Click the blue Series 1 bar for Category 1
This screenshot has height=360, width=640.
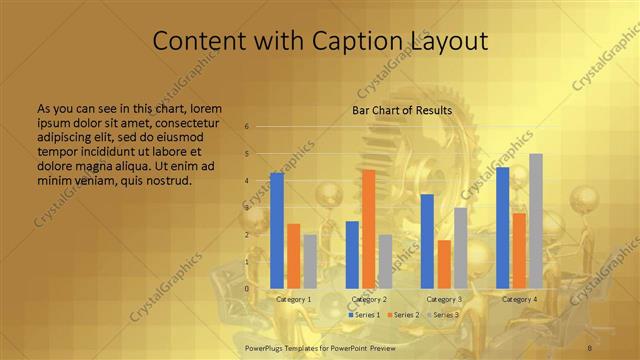pos(277,230)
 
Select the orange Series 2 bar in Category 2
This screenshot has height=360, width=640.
pos(369,229)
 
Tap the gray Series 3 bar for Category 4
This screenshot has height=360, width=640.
pos(536,221)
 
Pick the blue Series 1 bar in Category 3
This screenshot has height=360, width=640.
pos(427,241)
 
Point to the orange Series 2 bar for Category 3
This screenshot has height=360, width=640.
pos(444,264)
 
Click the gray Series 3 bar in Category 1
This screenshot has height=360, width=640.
pos(310,261)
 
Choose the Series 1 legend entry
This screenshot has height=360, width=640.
pos(363,315)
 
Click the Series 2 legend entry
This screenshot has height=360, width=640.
pos(402,315)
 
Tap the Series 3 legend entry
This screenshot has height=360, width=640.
pos(441,315)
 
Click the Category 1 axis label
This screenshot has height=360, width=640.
pos(293,299)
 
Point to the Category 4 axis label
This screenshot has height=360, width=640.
pos(519,299)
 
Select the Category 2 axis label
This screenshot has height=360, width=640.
pos(369,299)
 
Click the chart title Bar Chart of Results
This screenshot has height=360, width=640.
pos(402,110)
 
